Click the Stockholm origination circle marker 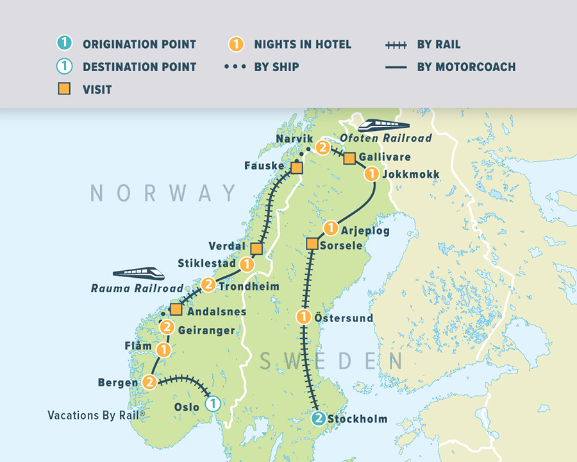click(318, 418)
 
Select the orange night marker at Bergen click(149, 382)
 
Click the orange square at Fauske click(297, 168)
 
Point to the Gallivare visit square click(349, 158)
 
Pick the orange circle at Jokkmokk click(371, 174)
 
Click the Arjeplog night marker click(330, 228)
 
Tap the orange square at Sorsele click(312, 244)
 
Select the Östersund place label click(344, 318)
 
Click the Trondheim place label click(249, 286)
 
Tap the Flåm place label click(138, 346)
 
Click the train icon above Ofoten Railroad click(384, 126)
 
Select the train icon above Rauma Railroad click(138, 274)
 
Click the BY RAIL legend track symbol click(396, 45)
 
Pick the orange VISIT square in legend click(64, 89)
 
